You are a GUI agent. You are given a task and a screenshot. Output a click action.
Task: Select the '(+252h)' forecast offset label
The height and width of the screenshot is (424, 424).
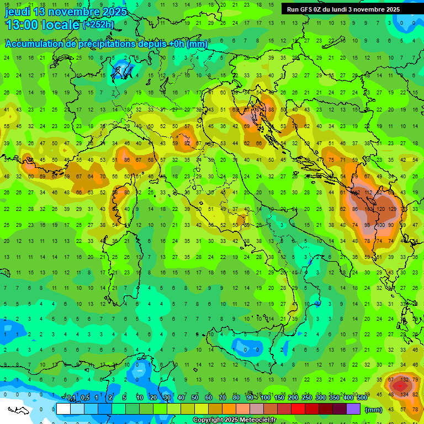(98, 25)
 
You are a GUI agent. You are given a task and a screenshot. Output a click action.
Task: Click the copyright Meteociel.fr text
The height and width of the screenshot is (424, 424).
(234, 420)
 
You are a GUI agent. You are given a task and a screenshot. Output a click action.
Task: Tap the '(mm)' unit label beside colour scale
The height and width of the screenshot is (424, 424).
(374, 410)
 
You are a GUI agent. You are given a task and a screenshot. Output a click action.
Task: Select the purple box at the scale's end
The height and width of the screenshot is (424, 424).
(353, 409)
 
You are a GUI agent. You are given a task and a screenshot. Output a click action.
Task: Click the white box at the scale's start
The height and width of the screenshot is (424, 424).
(63, 409)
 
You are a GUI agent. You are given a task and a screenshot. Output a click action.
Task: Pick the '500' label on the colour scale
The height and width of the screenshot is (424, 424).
(362, 398)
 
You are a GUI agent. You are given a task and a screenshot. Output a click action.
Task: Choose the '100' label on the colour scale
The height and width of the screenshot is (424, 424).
(266, 398)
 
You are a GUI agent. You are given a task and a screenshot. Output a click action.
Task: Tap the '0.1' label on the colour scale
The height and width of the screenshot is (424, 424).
(71, 398)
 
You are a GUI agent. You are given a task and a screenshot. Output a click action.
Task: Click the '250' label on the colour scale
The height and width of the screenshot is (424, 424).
(307, 398)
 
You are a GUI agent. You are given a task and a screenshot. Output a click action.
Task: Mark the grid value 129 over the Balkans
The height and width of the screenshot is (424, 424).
(393, 209)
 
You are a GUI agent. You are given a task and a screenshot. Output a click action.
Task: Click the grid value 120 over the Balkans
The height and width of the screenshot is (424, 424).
(380, 209)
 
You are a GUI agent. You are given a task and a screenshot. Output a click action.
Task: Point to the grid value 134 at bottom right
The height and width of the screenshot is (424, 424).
(405, 394)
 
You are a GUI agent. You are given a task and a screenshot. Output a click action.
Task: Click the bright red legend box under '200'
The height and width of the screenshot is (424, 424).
(298, 409)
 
